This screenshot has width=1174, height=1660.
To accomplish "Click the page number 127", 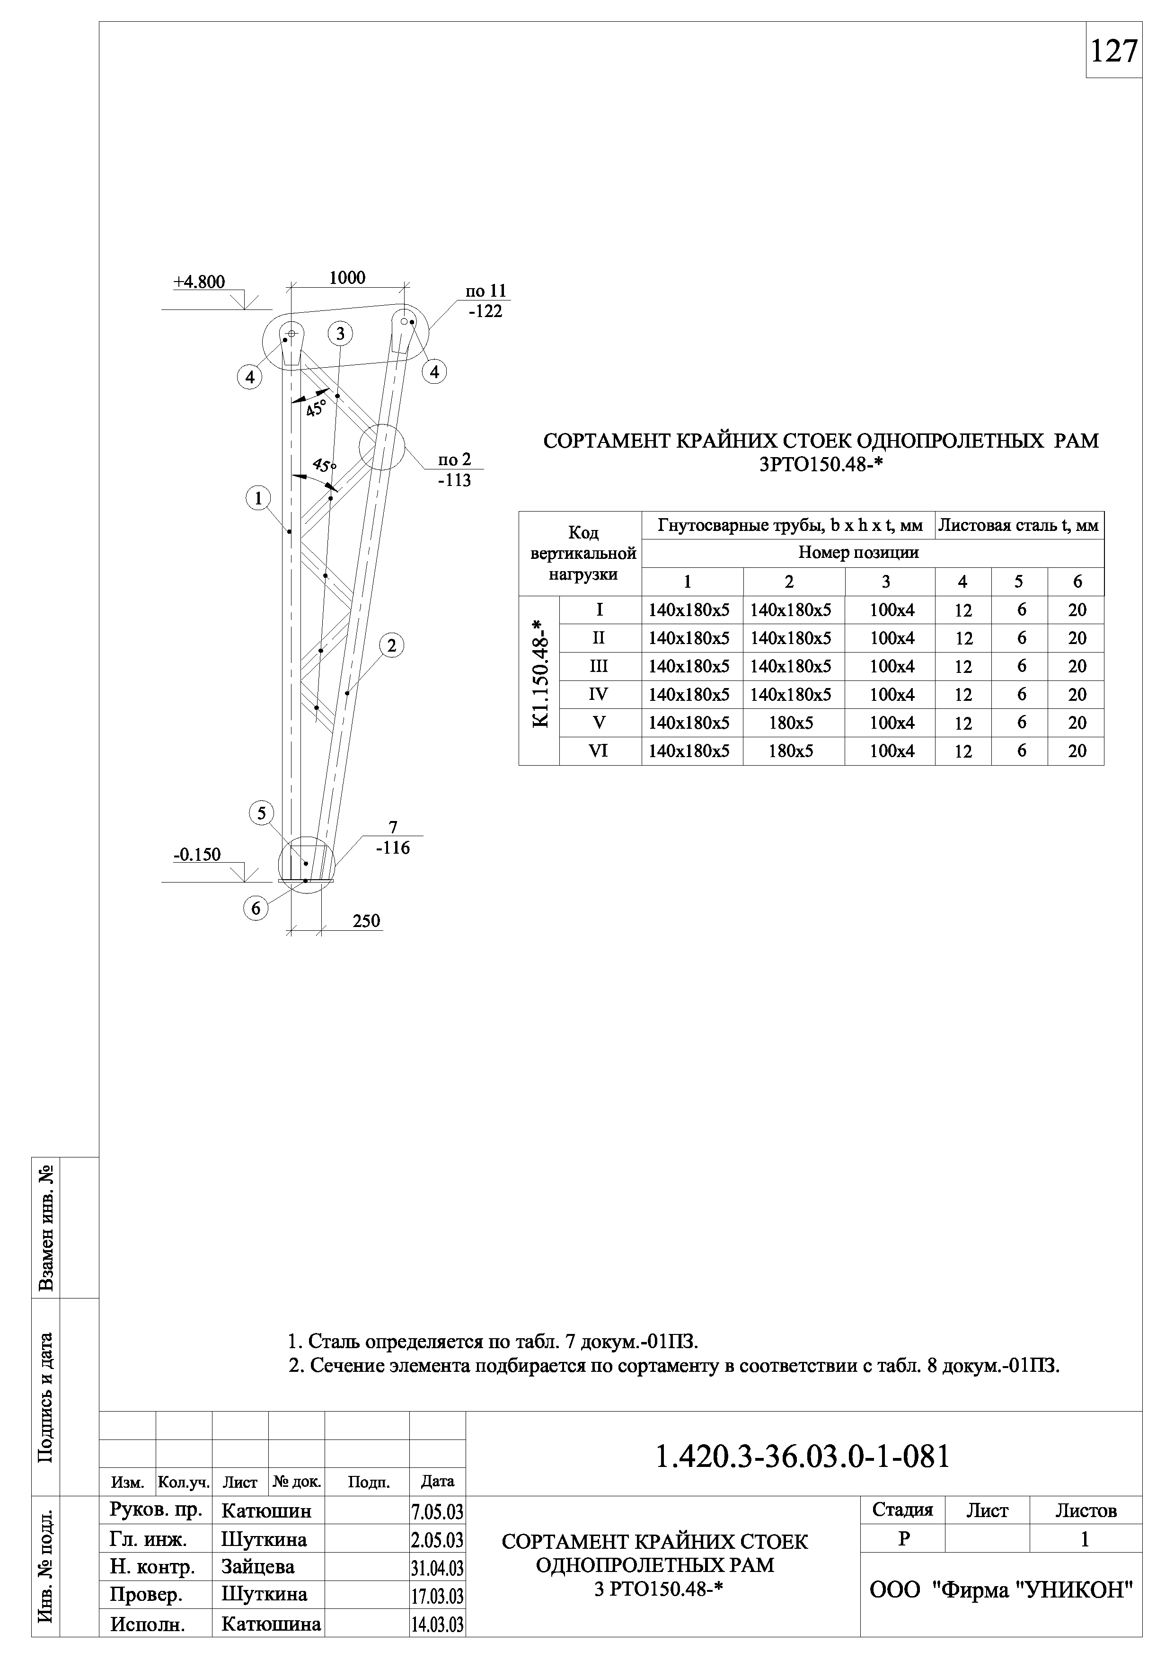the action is [x=1113, y=51].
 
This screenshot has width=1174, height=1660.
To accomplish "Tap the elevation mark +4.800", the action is [x=199, y=282].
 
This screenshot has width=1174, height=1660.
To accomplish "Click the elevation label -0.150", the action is [x=197, y=855].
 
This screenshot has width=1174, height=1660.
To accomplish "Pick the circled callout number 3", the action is [x=340, y=334].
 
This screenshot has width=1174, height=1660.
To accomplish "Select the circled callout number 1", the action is [x=258, y=498].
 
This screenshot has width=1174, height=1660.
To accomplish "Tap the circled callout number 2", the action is [x=391, y=645].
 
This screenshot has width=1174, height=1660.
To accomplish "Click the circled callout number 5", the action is [x=261, y=813].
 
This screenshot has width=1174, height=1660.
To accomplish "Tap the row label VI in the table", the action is [x=599, y=751].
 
